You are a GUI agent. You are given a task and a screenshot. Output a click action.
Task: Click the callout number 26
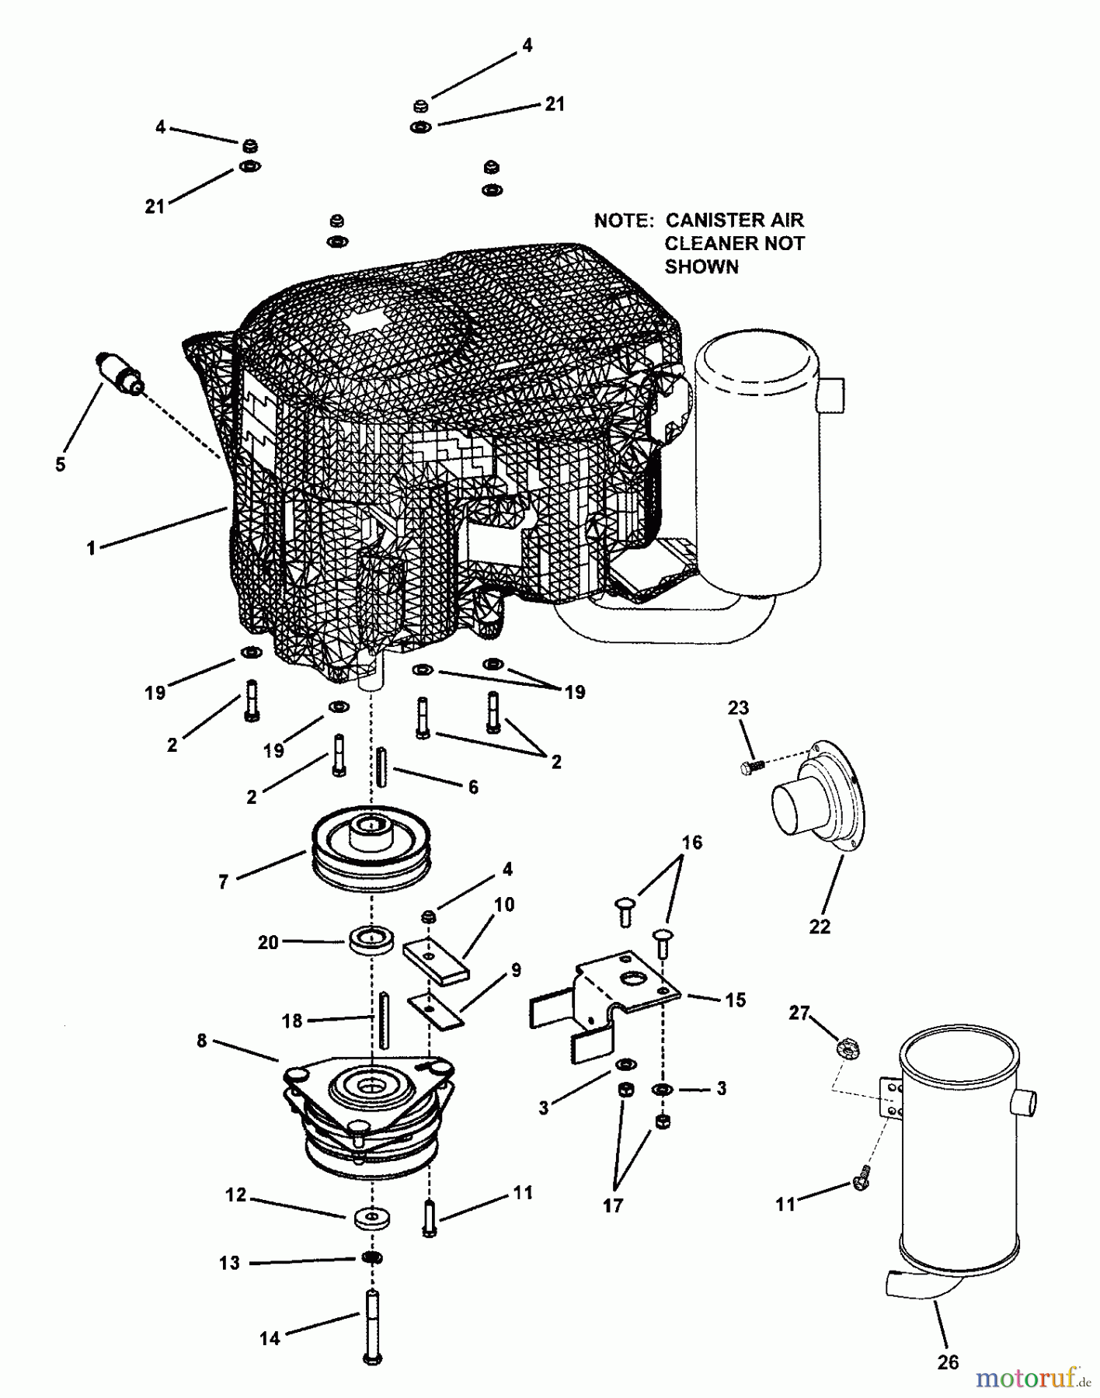click(x=948, y=1361)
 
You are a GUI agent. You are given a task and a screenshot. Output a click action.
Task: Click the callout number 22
click(x=820, y=926)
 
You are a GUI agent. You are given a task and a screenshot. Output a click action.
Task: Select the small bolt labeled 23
click(x=750, y=767)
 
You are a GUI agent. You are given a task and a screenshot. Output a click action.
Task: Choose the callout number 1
click(x=91, y=548)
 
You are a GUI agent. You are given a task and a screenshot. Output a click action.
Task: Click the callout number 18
click(x=292, y=1021)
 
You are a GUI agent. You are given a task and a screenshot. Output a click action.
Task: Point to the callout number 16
click(x=691, y=842)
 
